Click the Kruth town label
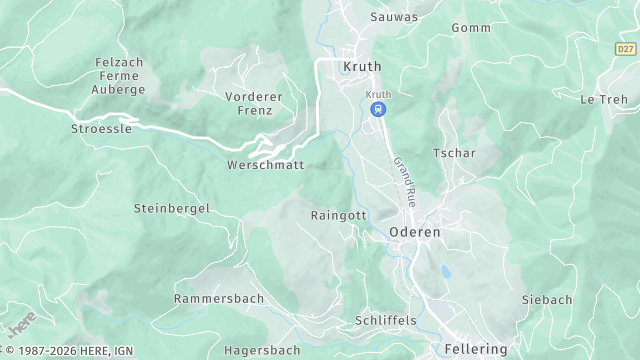[361, 67]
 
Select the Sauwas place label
[365, 17]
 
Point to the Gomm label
[470, 28]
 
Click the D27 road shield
[625, 48]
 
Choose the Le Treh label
[604, 99]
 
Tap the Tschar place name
[454, 153]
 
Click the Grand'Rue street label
[405, 176]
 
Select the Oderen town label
[414, 231]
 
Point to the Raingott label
[339, 215]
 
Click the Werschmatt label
[265, 165]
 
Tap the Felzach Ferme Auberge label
[120, 76]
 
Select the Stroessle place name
[102, 129]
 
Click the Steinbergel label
[171, 208]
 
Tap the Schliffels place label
[385, 320]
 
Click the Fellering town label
[475, 350]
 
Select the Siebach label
[547, 299]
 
